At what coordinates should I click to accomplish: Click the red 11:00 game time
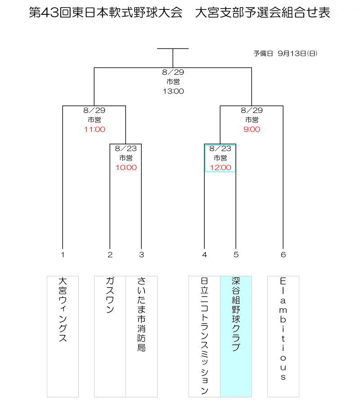tap(94, 130)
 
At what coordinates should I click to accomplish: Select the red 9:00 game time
tap(252, 130)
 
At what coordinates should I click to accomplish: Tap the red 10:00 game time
tap(126, 168)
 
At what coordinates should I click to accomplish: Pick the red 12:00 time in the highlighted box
tap(220, 168)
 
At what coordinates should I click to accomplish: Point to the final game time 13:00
tap(173, 91)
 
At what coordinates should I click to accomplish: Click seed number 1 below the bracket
tap(63, 255)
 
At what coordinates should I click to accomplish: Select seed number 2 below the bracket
tap(110, 255)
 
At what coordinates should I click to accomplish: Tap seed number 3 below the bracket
tap(141, 255)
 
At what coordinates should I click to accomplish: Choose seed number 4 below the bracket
tap(205, 255)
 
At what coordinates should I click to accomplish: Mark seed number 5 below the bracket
tap(236, 255)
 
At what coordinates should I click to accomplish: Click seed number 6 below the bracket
tap(283, 255)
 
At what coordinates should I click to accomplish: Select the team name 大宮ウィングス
tap(63, 310)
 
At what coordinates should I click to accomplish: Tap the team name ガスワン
tap(110, 295)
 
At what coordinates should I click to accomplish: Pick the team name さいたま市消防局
tap(141, 315)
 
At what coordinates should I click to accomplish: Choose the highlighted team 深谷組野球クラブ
tap(236, 315)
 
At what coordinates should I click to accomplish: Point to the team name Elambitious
tap(283, 329)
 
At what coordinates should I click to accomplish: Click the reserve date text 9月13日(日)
tap(297, 54)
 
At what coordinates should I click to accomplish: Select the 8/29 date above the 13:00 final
tap(173, 72)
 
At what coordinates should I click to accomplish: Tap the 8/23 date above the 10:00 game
tap(126, 148)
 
